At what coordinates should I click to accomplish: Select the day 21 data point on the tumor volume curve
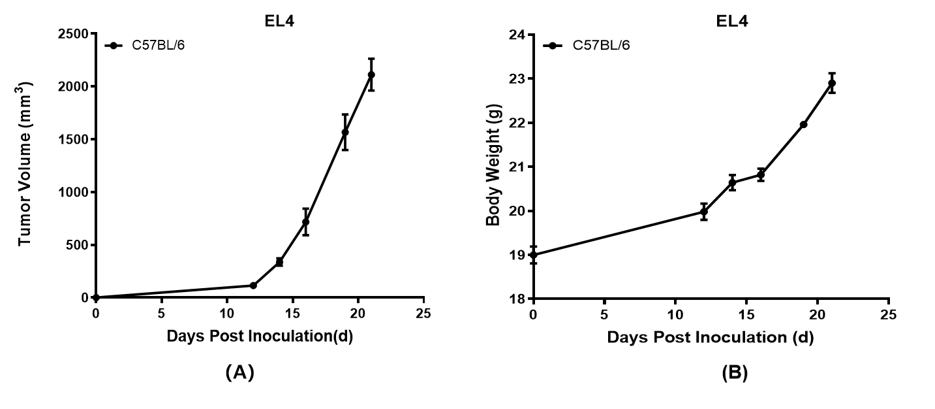(x=371, y=74)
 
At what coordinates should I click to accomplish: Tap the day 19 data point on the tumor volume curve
(x=345, y=132)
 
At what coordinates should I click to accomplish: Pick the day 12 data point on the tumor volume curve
(x=253, y=286)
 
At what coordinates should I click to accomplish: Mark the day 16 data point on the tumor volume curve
(x=305, y=222)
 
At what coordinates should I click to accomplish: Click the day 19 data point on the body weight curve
(x=803, y=124)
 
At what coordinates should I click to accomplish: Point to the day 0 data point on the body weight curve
(x=533, y=255)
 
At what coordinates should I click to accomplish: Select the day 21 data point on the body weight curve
(x=832, y=83)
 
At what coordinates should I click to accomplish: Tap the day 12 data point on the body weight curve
(x=704, y=212)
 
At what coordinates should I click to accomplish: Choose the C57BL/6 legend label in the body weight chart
(x=601, y=46)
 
